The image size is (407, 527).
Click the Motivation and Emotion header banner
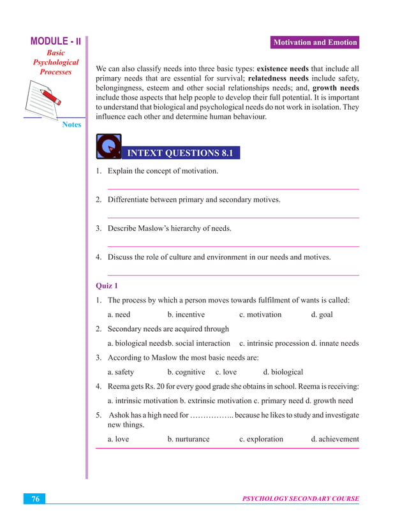[x=315, y=43]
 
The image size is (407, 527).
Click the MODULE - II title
[x=56, y=42]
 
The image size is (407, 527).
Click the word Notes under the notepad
[x=71, y=124]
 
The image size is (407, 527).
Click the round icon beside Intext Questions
[x=108, y=147]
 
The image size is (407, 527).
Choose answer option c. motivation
[x=260, y=315]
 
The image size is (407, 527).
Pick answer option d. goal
[x=322, y=315]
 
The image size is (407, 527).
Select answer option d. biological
[x=283, y=372]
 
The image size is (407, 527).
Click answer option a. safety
[x=121, y=372]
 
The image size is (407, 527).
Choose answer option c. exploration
[x=261, y=439]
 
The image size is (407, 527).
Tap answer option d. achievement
[x=335, y=439]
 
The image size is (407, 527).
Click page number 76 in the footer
[x=36, y=499]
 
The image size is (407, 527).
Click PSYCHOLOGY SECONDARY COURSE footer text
[x=300, y=499]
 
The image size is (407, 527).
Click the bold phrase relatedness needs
[x=278, y=78]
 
